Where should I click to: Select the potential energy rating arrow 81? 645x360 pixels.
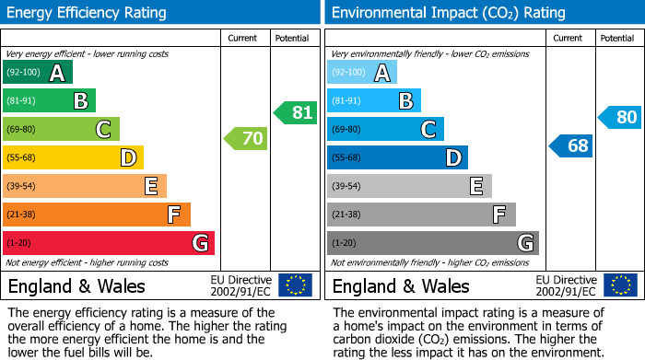tap(296, 113)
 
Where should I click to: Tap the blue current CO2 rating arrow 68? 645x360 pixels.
tap(571, 145)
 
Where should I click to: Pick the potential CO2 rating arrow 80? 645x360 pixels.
tap(620, 118)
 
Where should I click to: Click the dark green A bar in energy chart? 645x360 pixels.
tap(38, 73)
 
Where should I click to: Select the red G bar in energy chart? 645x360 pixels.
tap(109, 243)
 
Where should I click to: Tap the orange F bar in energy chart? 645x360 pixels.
tap(97, 215)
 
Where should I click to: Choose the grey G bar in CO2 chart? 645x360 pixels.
tap(433, 243)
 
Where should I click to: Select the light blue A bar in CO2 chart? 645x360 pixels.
tap(362, 73)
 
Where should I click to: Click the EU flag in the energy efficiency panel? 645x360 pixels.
tap(295, 285)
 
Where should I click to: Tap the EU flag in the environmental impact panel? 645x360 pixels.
tap(620, 285)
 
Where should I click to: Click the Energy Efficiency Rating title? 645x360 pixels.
tap(88, 13)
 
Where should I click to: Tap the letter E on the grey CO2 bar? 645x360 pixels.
tap(476, 186)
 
